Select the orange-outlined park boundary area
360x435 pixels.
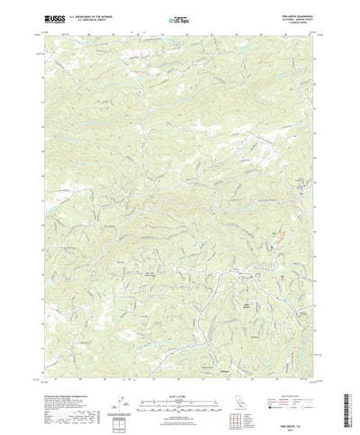click(x=277, y=235)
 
